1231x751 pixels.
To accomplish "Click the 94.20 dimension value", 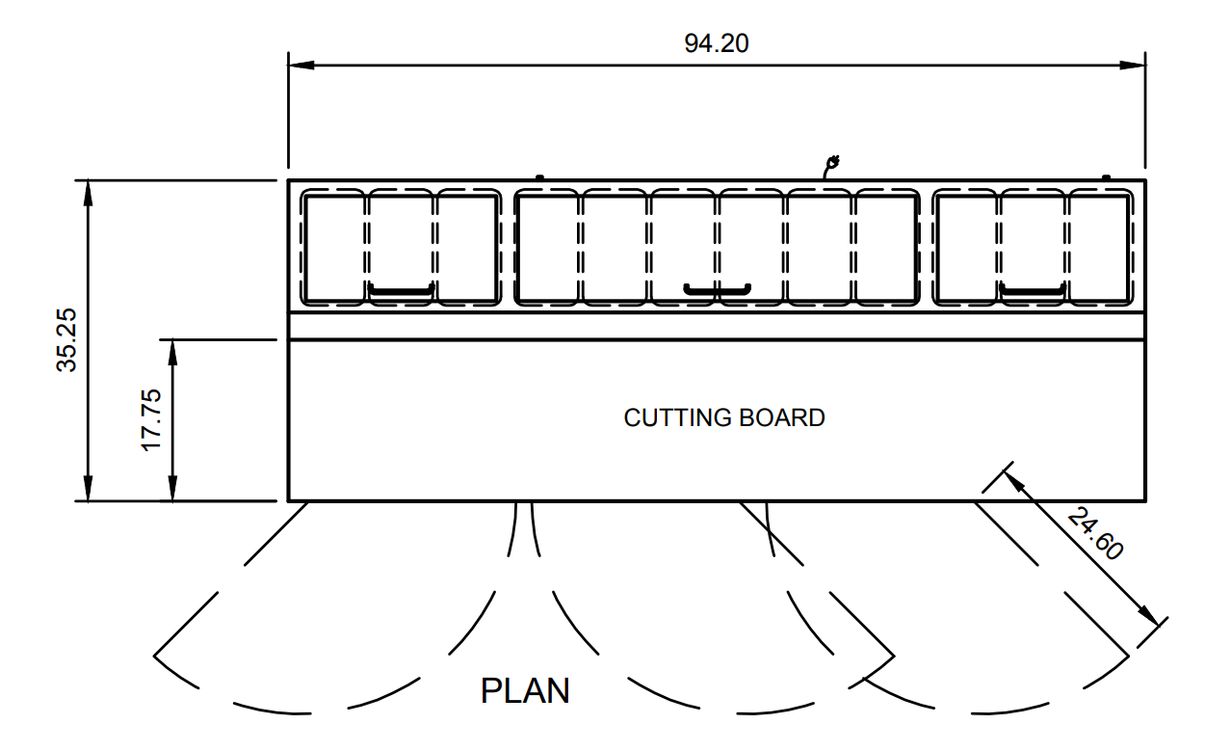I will (716, 43).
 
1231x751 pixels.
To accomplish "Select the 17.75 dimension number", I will (152, 420).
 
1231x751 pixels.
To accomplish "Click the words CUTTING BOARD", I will (724, 417).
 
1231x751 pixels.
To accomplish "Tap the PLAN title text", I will (525, 691).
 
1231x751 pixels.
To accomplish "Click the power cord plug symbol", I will (832, 165).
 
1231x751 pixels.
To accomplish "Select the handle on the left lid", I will (402, 290).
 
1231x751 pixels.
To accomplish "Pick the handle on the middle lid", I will (717, 288).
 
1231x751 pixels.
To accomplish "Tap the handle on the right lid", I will (1031, 289).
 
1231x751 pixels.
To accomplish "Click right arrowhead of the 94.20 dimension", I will (1134, 66).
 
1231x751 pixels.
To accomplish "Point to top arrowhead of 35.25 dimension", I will (88, 191).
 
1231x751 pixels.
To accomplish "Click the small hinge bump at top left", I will (539, 176).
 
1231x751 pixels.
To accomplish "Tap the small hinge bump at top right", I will (1106, 176).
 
